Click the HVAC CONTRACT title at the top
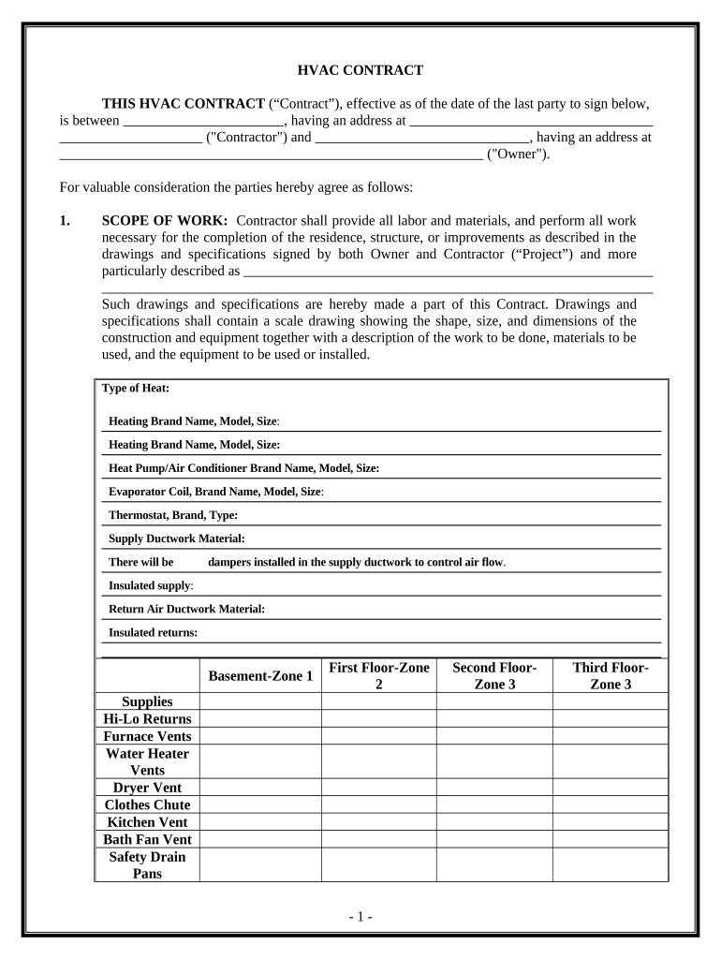pyautogui.click(x=360, y=70)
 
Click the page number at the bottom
pyautogui.click(x=360, y=917)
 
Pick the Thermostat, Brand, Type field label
pyautogui.click(x=173, y=515)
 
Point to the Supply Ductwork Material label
pyautogui.click(x=177, y=539)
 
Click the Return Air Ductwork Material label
pyautogui.click(x=187, y=609)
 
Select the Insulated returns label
pyautogui.click(x=154, y=632)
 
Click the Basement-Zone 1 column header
pyautogui.click(x=260, y=675)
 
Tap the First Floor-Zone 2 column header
pyautogui.click(x=379, y=675)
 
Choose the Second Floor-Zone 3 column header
pyautogui.click(x=494, y=675)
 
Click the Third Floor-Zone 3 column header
pyautogui.click(x=611, y=675)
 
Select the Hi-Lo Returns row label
pyautogui.click(x=147, y=719)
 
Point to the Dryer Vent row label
pyautogui.click(x=147, y=788)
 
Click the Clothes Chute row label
pyautogui.click(x=147, y=805)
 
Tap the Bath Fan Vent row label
pyautogui.click(x=147, y=839)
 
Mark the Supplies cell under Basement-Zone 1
pyautogui.click(x=260, y=701)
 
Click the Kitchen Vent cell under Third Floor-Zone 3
pyautogui.click(x=611, y=822)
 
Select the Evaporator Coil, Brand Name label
pyautogui.click(x=215, y=492)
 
